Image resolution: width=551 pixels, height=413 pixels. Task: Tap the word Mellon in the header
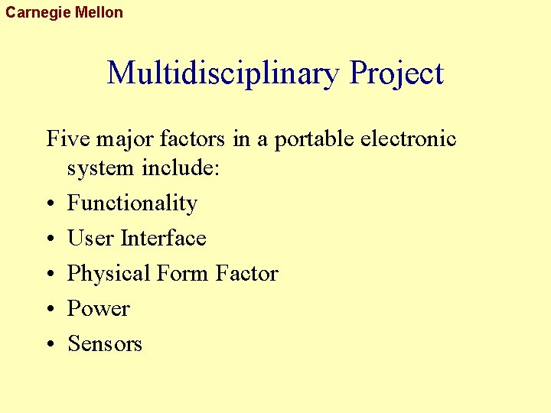click(x=99, y=12)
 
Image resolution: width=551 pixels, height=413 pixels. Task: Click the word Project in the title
click(x=396, y=74)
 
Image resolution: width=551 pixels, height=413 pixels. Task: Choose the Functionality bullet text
click(x=132, y=203)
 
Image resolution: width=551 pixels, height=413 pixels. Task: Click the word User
click(x=90, y=239)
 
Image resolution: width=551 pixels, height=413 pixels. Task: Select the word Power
click(x=99, y=309)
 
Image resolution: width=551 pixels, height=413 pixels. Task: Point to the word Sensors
click(x=105, y=344)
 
